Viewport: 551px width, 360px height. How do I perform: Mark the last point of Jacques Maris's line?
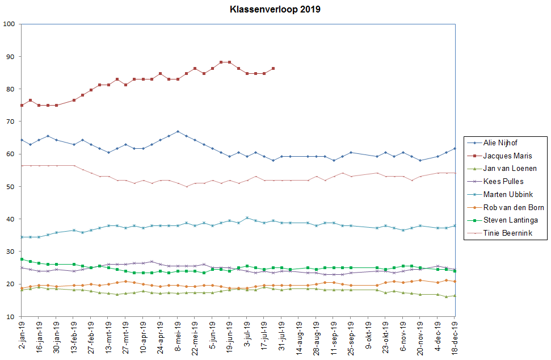[x=274, y=68]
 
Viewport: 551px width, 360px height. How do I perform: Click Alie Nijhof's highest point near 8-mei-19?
[x=178, y=132]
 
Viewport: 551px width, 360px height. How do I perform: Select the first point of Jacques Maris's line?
[x=22, y=105]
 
